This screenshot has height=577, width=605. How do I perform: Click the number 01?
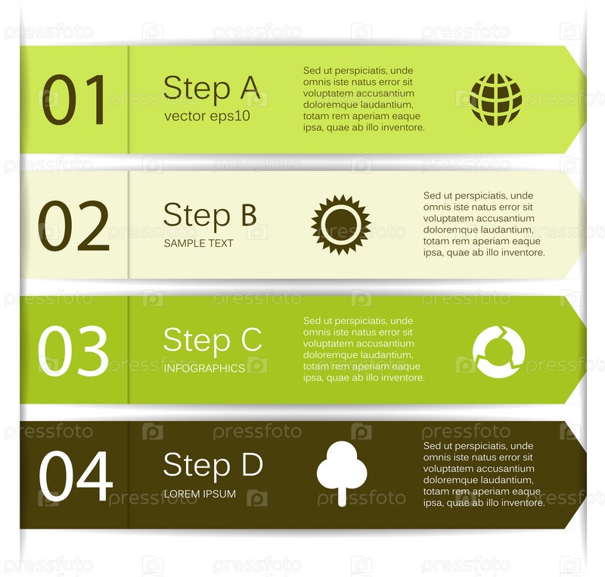point(73,100)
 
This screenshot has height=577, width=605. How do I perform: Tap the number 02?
point(73,226)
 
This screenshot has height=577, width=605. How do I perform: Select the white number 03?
point(73,351)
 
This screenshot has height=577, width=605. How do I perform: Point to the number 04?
point(76,476)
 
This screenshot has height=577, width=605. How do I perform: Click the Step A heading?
point(212,89)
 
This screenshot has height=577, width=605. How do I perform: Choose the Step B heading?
point(210,216)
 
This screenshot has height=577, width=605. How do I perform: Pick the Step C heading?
point(213,341)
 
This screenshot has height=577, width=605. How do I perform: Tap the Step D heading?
point(213,466)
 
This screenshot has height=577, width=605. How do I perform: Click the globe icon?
point(496,100)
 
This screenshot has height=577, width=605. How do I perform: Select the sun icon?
point(341,225)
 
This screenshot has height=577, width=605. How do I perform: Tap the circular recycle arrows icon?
point(498,351)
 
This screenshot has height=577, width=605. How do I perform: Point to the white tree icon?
point(342,473)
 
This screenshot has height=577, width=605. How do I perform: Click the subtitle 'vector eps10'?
point(206,117)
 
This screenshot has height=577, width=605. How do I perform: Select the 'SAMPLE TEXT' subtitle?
point(198,243)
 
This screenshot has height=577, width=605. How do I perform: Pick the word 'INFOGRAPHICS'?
point(204,369)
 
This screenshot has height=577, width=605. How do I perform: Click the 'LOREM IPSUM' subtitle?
point(200,494)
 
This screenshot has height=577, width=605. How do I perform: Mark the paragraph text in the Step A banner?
point(364,99)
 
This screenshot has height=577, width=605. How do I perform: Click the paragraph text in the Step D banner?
point(484,474)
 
